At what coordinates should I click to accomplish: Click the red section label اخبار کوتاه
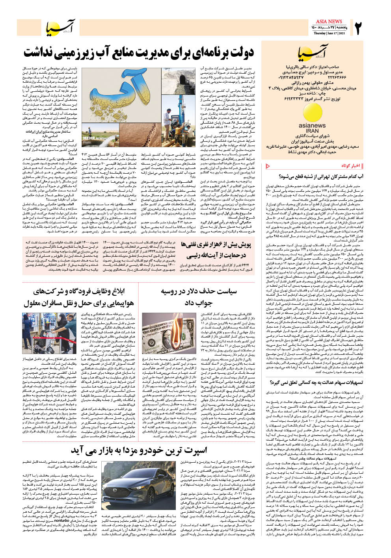[x=351, y=165]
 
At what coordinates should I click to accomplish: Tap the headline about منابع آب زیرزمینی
[x=139, y=52]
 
